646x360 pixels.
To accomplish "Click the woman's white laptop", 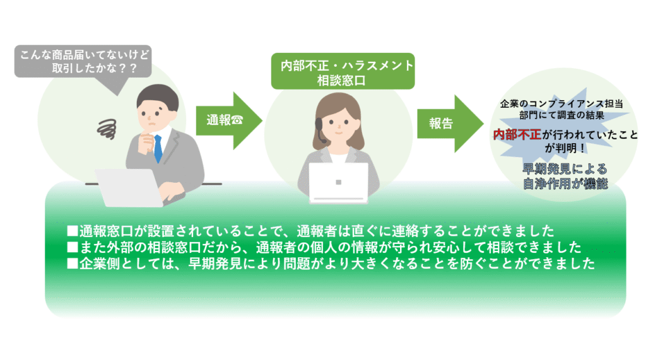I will pyautogui.click(x=338, y=182).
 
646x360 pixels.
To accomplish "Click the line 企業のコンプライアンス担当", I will pyautogui.click(x=561, y=103).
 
